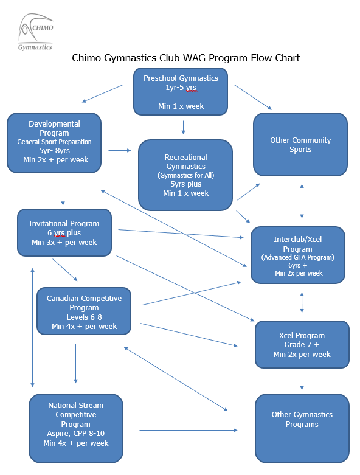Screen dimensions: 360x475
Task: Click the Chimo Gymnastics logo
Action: (36, 32)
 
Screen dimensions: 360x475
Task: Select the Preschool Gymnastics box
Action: (181, 91)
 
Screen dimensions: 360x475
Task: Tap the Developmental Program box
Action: (54, 143)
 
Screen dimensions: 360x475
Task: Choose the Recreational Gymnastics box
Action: (185, 175)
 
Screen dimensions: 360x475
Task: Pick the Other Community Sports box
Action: (300, 145)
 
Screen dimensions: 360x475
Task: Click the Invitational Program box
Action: (64, 233)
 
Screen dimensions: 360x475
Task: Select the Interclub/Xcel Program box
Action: (298, 255)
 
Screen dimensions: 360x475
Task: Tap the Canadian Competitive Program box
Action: (84, 311)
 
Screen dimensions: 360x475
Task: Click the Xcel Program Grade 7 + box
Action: (302, 344)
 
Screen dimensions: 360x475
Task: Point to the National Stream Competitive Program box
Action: (76, 428)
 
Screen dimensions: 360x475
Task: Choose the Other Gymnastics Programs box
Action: (302, 428)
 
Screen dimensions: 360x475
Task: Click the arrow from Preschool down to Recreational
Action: (183, 128)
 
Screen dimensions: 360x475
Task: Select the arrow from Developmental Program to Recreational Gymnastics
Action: (120, 150)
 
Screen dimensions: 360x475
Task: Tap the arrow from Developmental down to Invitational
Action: (63, 191)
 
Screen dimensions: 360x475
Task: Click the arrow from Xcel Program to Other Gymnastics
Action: (302, 381)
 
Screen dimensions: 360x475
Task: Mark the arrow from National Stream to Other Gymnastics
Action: (189, 430)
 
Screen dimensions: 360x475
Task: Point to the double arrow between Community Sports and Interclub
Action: (302, 201)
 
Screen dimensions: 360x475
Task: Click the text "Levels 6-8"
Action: (84, 317)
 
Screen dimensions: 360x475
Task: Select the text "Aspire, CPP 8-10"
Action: (75, 434)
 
